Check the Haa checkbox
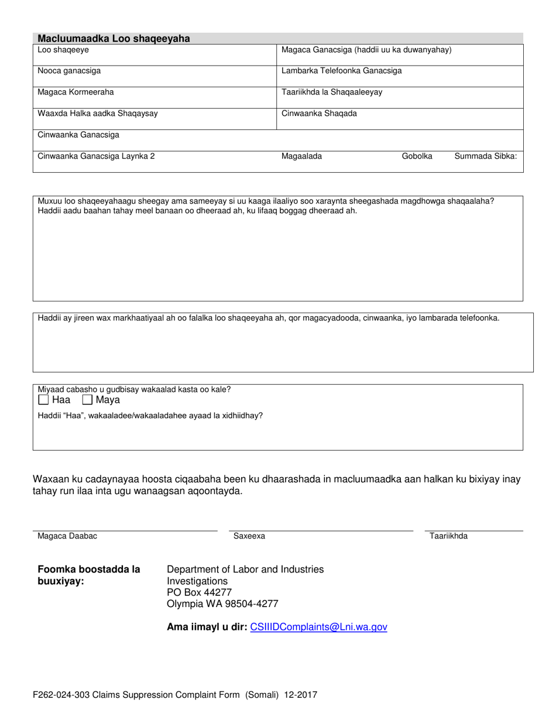pos(43,400)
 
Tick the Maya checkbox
pos(87,400)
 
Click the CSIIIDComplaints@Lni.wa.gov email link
pos(318,627)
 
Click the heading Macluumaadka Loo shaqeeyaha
pos(114,39)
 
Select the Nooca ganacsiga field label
pos(69,71)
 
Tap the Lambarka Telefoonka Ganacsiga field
pos(342,71)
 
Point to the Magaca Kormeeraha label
pos(75,92)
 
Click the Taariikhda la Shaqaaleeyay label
pos(332,92)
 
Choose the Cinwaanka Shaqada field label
pos(319,114)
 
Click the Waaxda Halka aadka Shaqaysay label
pos(97,114)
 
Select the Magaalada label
pos(301,156)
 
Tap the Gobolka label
pos(417,156)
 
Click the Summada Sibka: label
pos(485,156)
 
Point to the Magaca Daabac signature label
pos(67,536)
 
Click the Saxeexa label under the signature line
pos(249,536)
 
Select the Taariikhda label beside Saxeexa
pos(448,536)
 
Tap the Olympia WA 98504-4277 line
pos(222,604)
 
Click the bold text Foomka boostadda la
pos(89,569)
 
